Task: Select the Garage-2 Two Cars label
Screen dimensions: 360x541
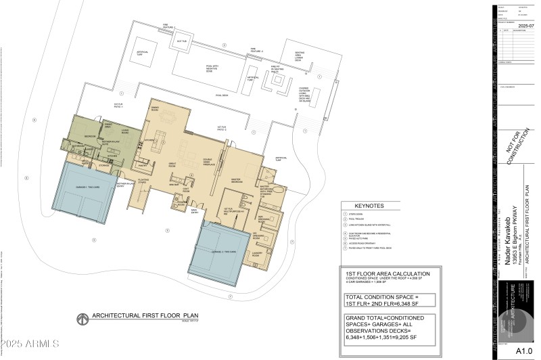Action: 224,251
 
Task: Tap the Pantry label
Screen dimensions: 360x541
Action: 143,164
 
